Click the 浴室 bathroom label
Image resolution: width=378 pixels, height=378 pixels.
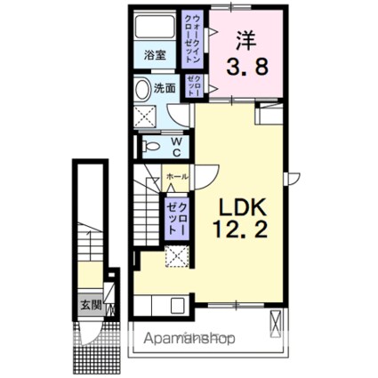157,55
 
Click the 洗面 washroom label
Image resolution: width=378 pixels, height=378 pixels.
165,88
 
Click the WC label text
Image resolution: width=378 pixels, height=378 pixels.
175,145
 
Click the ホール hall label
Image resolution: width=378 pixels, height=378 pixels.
176,177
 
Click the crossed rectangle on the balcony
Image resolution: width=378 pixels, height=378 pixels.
277,324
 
